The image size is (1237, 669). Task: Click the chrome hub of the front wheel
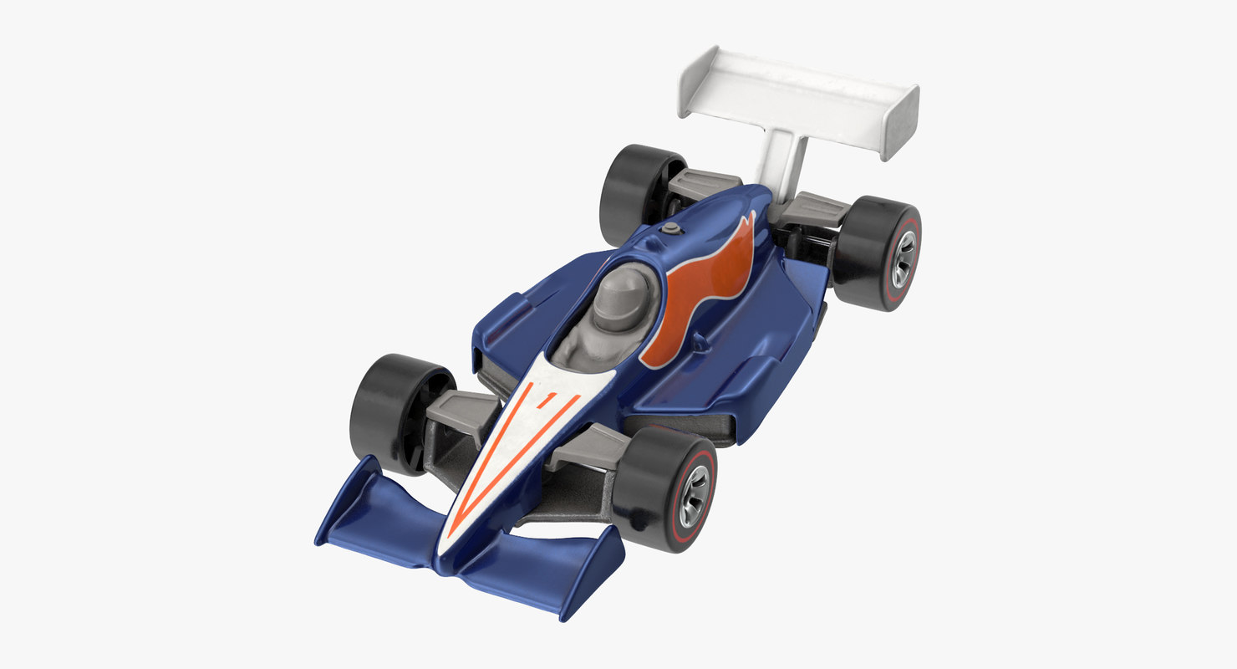click(x=694, y=496)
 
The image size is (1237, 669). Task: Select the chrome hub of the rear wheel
click(x=903, y=259)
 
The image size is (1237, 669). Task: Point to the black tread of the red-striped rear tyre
click(x=861, y=251)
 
